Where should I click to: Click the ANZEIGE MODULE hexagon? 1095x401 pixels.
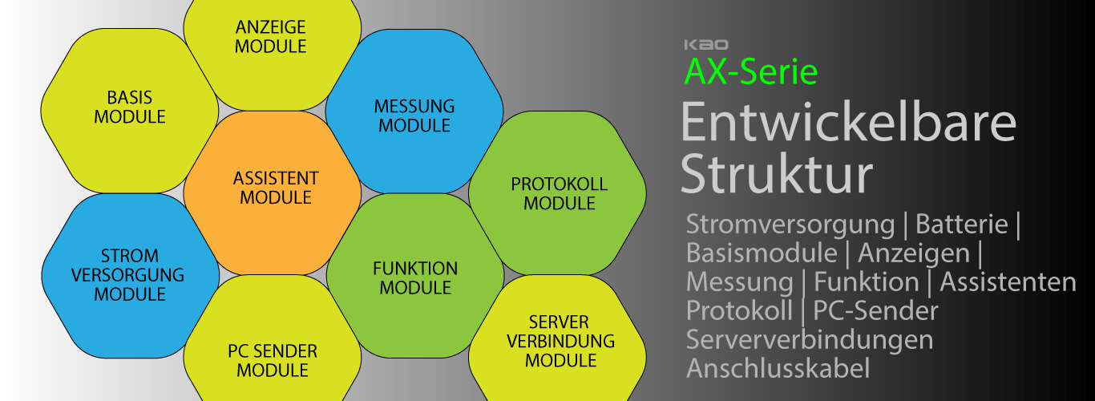pyautogui.click(x=271, y=40)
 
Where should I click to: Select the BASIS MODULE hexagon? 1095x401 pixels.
pyautogui.click(x=130, y=108)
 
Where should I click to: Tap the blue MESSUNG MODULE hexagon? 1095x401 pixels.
pyautogui.click(x=414, y=116)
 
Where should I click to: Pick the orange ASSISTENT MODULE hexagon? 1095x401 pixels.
pyautogui.click(x=273, y=188)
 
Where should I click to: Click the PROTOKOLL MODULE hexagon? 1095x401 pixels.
pyautogui.click(x=559, y=194)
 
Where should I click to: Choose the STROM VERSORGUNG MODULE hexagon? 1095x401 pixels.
pyautogui.click(x=130, y=274)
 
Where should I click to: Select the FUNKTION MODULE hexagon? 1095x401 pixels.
pyautogui.click(x=415, y=277)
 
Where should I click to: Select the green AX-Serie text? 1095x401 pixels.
pyautogui.click(x=751, y=72)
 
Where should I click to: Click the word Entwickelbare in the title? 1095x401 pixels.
pyautogui.click(x=848, y=124)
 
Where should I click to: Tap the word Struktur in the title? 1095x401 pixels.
pyautogui.click(x=776, y=175)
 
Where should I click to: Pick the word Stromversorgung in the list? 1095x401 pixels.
pyautogui.click(x=790, y=225)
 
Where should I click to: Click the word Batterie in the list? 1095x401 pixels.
pyautogui.click(x=961, y=225)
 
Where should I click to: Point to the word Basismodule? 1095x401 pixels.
pyautogui.click(x=762, y=253)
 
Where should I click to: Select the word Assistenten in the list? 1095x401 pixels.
pyautogui.click(x=1008, y=282)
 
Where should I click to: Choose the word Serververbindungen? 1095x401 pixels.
pyautogui.click(x=810, y=339)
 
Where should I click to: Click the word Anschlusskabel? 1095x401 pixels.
pyautogui.click(x=778, y=368)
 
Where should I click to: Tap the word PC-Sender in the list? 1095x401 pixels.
pyautogui.click(x=875, y=310)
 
